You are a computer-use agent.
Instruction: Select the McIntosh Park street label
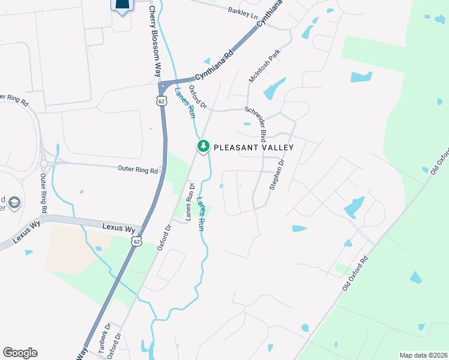click(264, 67)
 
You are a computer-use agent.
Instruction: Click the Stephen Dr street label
click(277, 175)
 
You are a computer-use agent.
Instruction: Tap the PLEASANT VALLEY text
click(254, 147)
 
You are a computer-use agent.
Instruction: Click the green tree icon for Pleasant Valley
click(203, 146)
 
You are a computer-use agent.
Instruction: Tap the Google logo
click(20, 353)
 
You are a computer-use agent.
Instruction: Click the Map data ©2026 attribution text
click(423, 355)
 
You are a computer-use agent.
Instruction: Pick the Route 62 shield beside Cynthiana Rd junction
click(162, 101)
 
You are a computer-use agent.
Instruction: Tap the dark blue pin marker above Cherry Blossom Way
click(121, 6)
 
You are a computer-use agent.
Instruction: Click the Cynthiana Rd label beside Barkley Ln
click(270, 12)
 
